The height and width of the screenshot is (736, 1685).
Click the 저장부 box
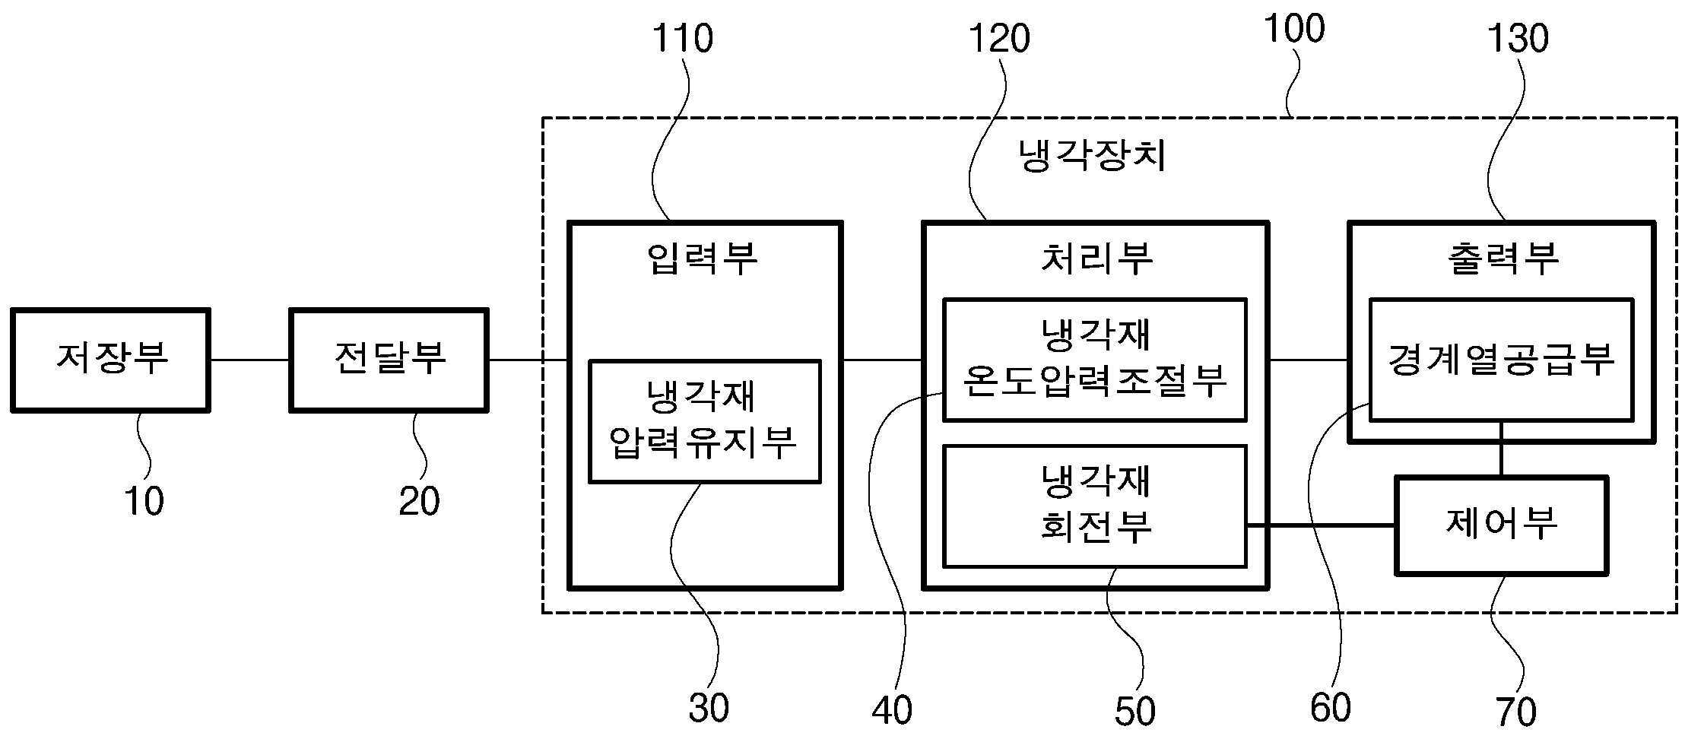110,360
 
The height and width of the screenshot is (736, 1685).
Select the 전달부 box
389,360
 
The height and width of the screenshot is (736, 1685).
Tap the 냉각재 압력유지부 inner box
705,421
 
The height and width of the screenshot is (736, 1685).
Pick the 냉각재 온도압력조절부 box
1095,360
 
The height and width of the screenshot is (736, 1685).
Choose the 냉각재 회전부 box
1095,506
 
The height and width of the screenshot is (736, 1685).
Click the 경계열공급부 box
1501,360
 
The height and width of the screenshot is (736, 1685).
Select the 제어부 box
1501,525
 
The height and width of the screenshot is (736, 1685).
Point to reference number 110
683,38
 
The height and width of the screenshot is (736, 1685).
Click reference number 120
998,38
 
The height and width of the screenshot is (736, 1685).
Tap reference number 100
1294,28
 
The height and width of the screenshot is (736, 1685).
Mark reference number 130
1517,38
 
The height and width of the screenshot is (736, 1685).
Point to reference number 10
144,501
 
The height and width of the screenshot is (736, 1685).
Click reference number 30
709,707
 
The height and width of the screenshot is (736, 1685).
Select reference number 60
1331,707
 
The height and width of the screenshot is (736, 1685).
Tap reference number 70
1516,712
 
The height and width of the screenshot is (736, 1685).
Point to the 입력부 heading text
703,258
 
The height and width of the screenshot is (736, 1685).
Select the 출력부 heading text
1503,258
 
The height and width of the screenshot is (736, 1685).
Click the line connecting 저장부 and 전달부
250,360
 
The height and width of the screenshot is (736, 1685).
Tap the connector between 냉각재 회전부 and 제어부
1322,525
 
